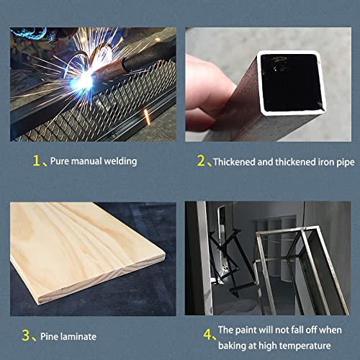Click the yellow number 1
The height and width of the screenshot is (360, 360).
(x=36, y=161)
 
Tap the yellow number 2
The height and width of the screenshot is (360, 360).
(x=201, y=161)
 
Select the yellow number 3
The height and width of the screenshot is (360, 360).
(x=25, y=336)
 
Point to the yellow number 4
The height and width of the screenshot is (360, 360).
(x=207, y=334)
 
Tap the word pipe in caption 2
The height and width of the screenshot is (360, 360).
(x=346, y=163)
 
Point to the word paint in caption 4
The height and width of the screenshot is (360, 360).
(x=246, y=330)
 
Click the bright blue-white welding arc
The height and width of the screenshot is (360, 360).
(x=83, y=81)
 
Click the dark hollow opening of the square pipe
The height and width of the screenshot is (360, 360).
(x=291, y=83)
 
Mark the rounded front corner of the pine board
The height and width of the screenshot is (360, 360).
(x=163, y=255)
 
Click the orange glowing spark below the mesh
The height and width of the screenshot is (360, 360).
(x=147, y=117)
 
